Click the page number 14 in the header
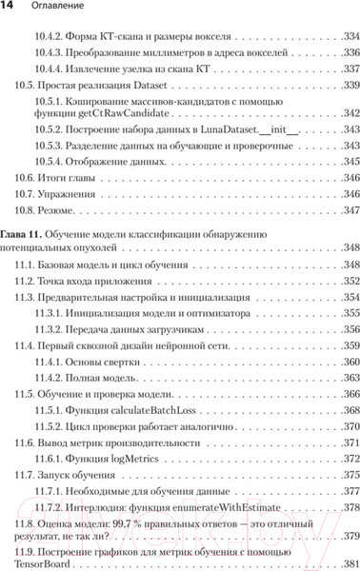coord(10,9)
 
